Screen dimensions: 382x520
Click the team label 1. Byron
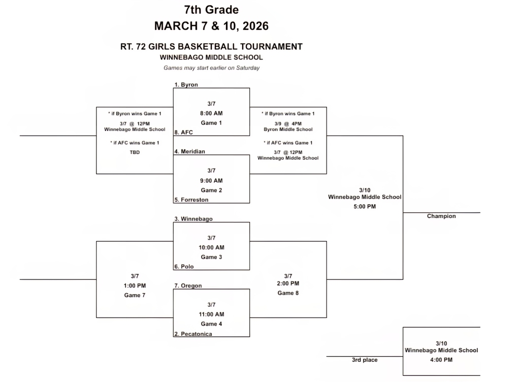(186, 84)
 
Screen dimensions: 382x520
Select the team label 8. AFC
(183, 132)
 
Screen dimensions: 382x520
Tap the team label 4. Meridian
(189, 151)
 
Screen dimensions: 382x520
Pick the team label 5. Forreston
(191, 200)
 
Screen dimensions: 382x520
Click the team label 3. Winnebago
(193, 219)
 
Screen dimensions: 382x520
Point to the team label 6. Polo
(184, 267)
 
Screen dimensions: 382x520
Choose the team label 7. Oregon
(188, 285)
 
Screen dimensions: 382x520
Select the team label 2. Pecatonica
(193, 334)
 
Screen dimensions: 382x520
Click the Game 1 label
(211, 123)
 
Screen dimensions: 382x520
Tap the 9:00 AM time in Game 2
(211, 180)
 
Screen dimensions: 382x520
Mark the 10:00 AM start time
(211, 247)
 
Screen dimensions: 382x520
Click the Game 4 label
(211, 324)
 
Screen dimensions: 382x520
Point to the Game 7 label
(135, 295)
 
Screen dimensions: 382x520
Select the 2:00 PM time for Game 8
(288, 283)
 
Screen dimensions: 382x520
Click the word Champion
(441, 216)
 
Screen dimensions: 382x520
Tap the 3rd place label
(365, 360)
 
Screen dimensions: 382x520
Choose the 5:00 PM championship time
(364, 207)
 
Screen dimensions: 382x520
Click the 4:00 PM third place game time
(441, 360)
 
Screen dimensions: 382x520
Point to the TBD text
(135, 152)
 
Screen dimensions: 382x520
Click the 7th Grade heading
(211, 10)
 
